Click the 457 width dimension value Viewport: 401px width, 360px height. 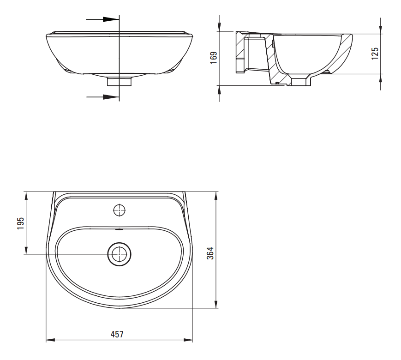tap(117, 334)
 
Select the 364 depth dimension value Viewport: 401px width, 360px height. tap(210, 253)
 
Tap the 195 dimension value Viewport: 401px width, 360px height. tap(20, 223)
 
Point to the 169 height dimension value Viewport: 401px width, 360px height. tap(213, 58)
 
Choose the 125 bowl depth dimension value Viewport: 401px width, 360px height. tap(375, 53)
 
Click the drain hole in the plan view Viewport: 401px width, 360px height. tap(119, 254)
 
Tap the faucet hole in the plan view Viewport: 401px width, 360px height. tap(120, 210)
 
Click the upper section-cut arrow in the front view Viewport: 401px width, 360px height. tap(102, 19)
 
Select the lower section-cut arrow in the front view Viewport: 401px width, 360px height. tap(102, 97)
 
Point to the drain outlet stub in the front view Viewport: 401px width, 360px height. tap(119, 82)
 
